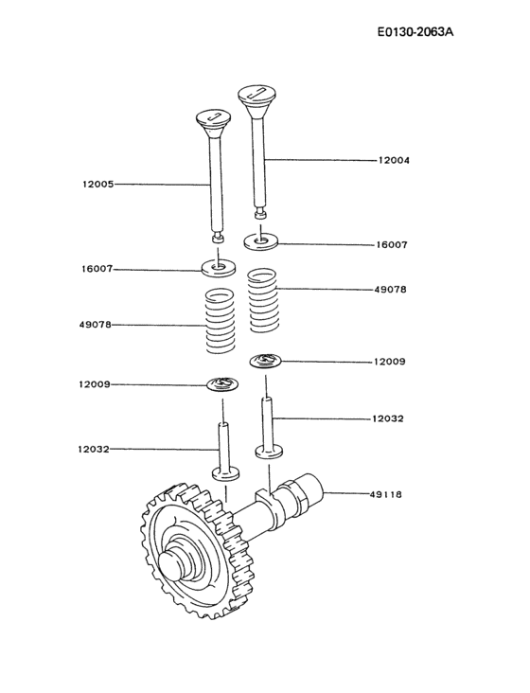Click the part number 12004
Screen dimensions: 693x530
coord(393,161)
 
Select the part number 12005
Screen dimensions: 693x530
coord(97,184)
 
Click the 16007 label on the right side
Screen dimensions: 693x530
coord(392,244)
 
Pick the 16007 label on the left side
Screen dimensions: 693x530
coord(97,269)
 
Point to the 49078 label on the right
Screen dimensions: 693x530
coord(391,290)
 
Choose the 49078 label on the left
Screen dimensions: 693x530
coord(96,325)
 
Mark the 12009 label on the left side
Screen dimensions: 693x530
coord(96,384)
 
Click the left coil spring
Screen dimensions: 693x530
coord(220,322)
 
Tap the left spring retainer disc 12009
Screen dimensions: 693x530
coord(224,383)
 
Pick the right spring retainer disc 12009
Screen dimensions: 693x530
coord(268,360)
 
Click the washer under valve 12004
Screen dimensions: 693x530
coord(260,240)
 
